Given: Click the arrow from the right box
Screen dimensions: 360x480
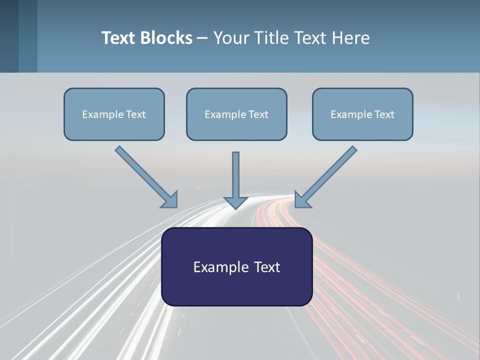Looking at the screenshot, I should (x=330, y=172).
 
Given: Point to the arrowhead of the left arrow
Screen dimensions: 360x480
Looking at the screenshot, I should (x=170, y=200).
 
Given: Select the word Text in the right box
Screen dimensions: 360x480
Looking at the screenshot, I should (x=384, y=114).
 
